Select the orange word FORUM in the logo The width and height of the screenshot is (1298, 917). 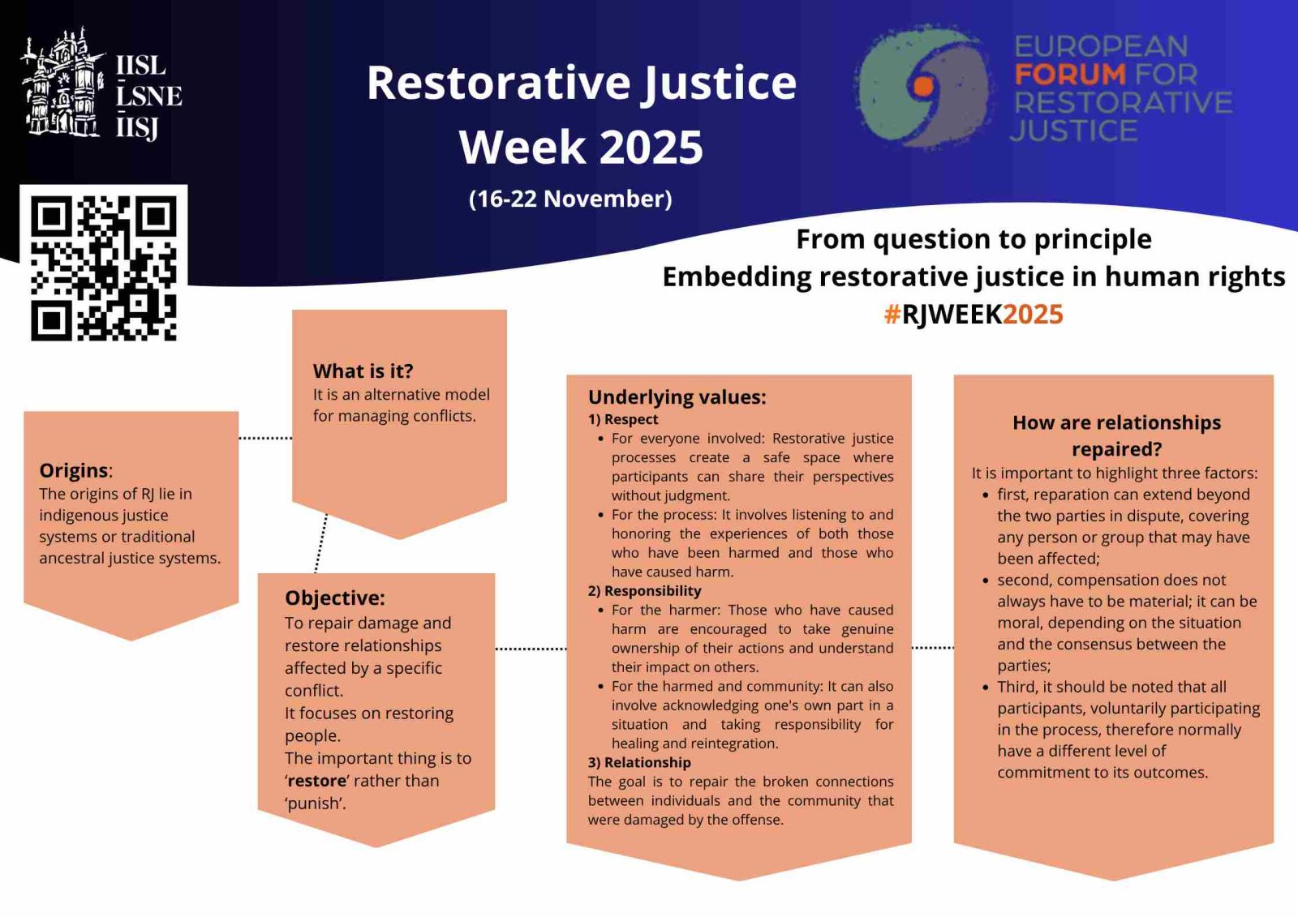[1070, 74]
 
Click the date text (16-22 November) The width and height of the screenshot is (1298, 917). [570, 199]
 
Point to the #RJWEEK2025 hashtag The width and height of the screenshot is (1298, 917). [973, 314]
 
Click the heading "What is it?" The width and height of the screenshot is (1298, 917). [363, 371]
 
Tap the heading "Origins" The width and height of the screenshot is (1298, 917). [74, 470]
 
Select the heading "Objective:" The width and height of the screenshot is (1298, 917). [335, 598]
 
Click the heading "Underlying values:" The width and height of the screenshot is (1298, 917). [677, 397]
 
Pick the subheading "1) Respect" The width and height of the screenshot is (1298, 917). [623, 419]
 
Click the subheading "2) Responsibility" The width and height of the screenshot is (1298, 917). [644, 591]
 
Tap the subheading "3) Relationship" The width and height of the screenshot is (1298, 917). [639, 762]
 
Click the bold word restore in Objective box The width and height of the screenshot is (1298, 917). [317, 781]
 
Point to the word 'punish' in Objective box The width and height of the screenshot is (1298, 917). [316, 804]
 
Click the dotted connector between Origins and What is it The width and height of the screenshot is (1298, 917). [265, 438]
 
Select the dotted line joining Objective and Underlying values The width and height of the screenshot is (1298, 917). [531, 649]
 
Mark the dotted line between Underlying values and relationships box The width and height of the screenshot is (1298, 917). [933, 648]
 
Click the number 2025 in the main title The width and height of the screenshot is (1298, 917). [651, 147]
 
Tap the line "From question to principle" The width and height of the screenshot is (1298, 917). [973, 239]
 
